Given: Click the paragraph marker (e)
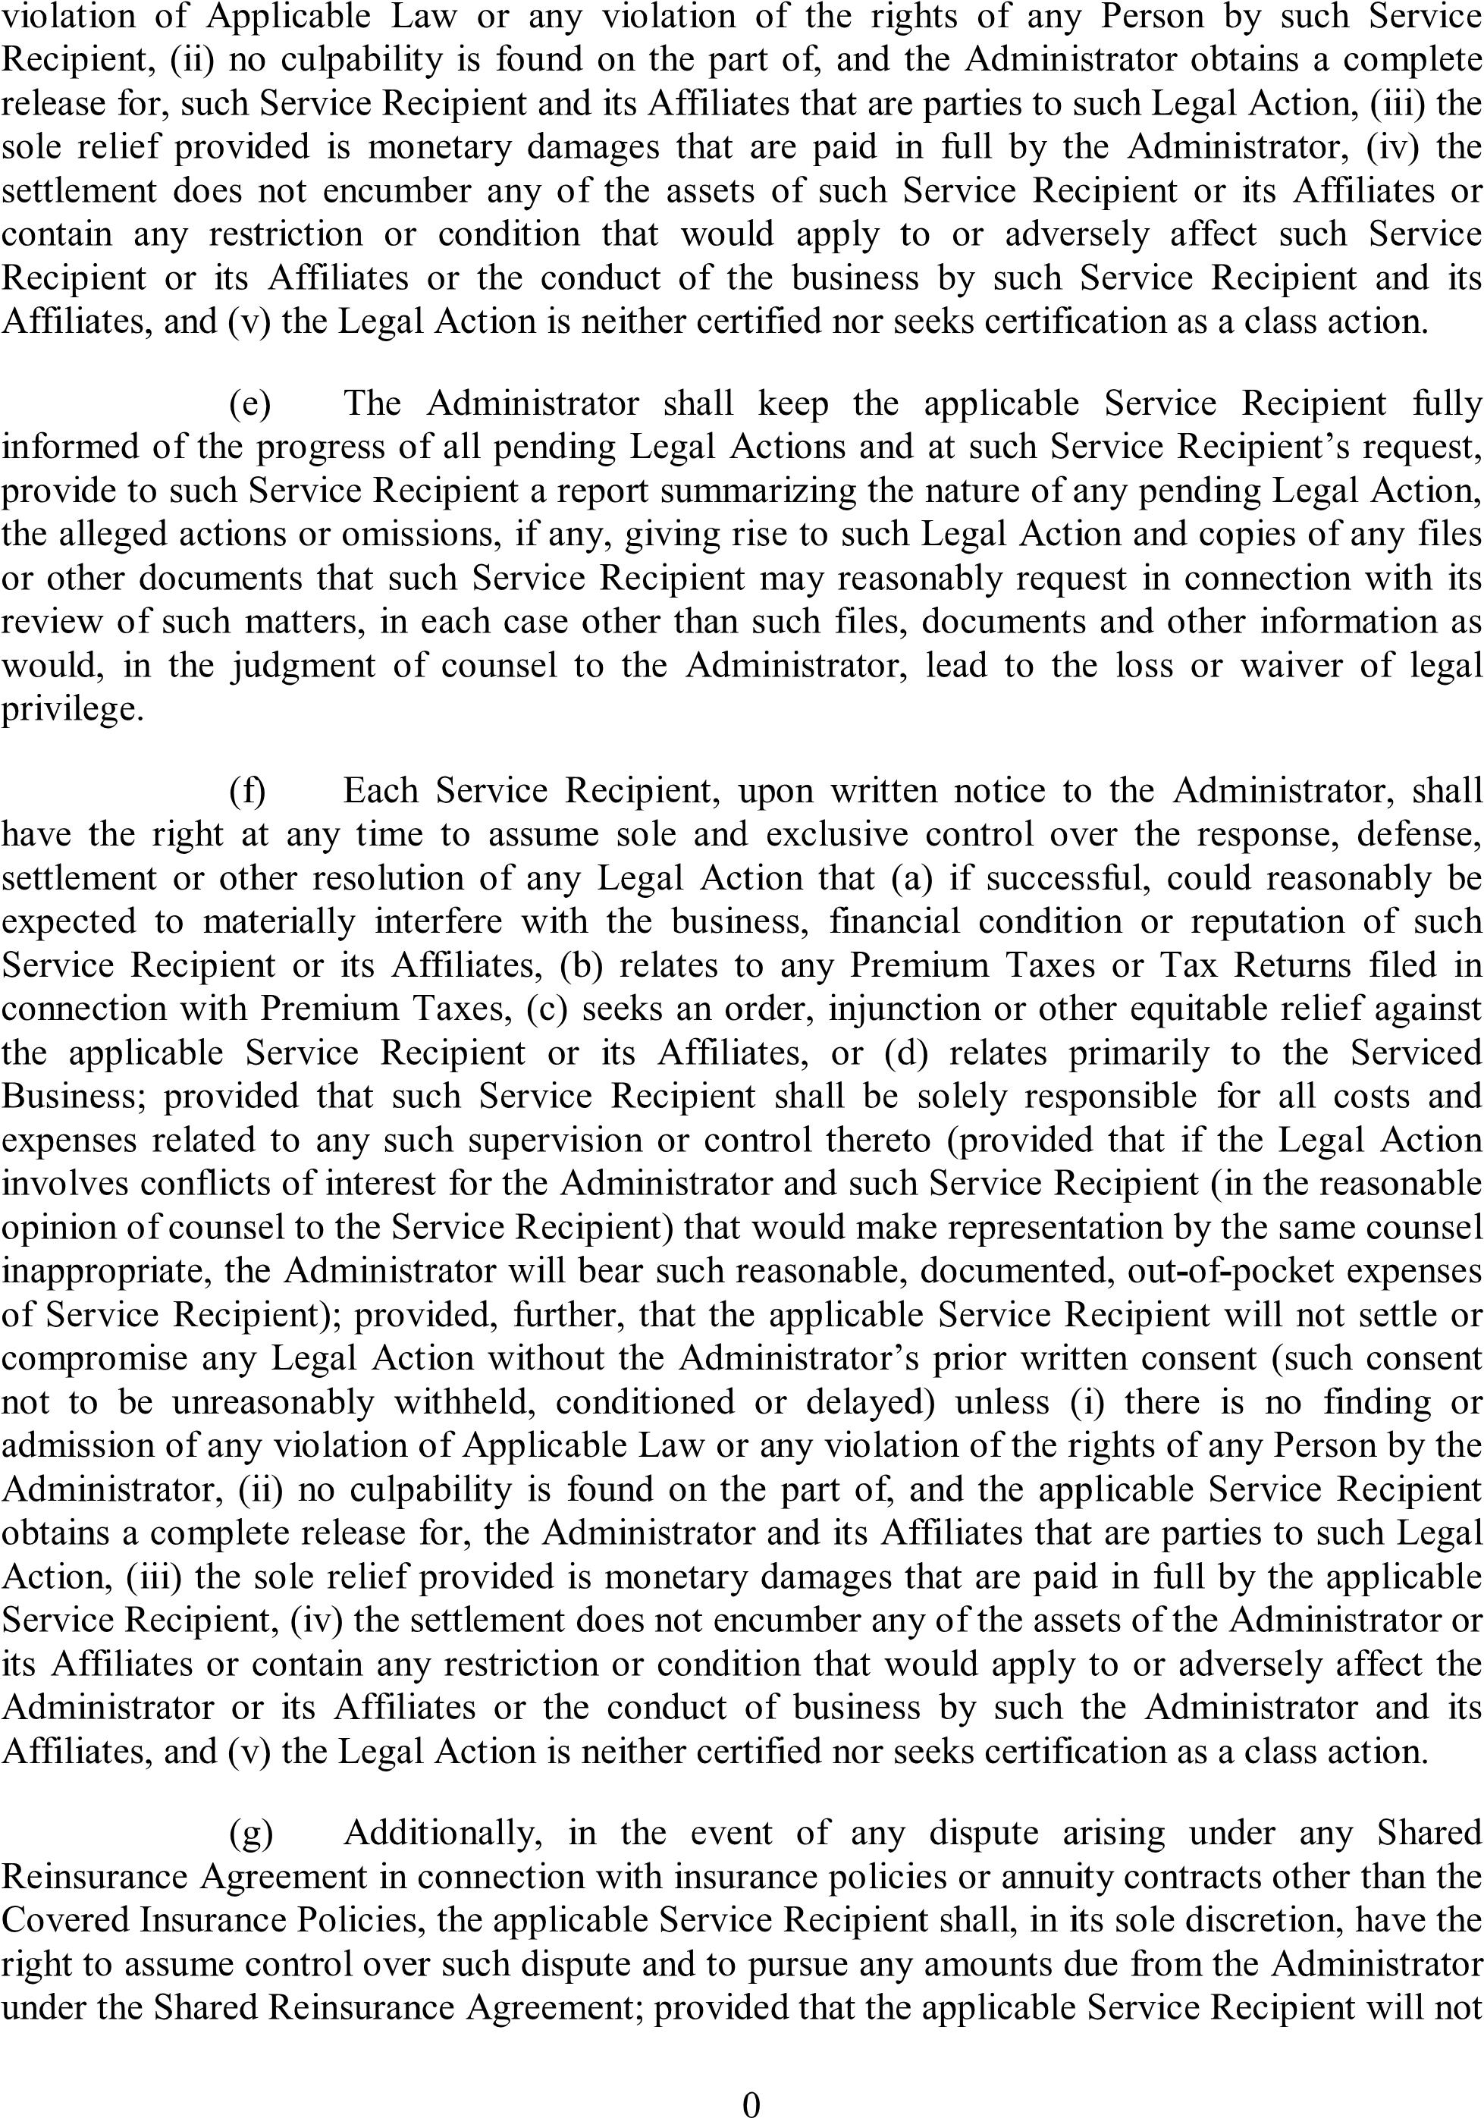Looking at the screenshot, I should click(249, 404).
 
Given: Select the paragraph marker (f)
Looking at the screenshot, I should click(247, 791).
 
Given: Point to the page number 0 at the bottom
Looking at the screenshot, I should click(751, 2098).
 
